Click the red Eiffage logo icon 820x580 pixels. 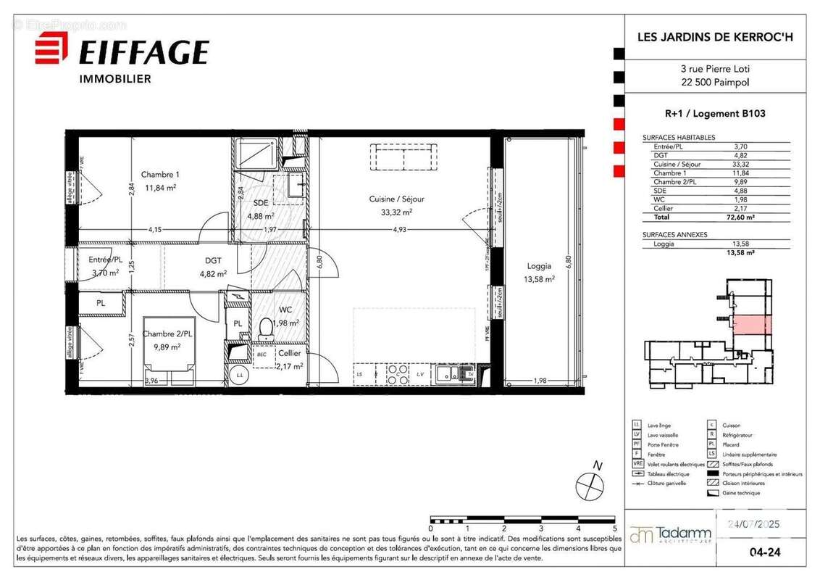[x=51, y=48]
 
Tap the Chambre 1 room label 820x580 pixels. [x=160, y=175]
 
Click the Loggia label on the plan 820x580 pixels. [x=539, y=266]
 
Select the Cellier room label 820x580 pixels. [x=289, y=353]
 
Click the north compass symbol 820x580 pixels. [x=590, y=484]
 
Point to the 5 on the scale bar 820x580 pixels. [x=614, y=529]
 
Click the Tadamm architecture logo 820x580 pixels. [x=671, y=535]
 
